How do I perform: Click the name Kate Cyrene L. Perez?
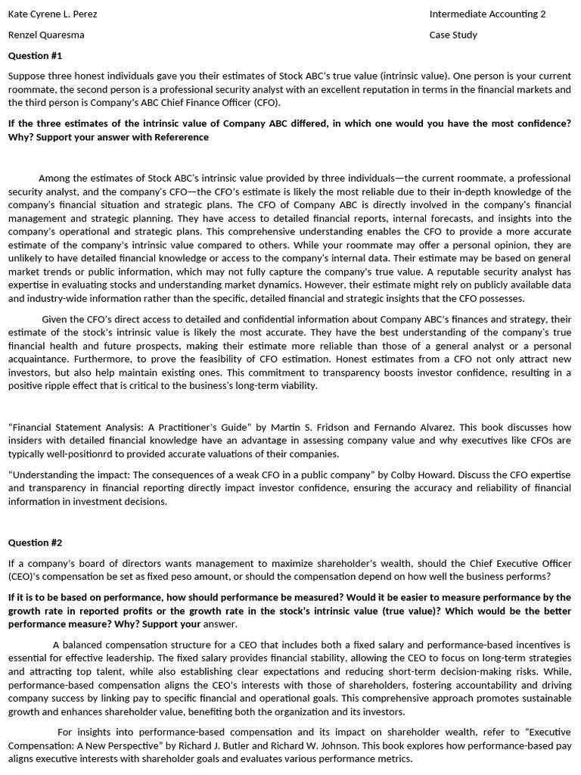click(52, 14)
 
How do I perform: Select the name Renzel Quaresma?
click(46, 35)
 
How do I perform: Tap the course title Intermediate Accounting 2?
click(487, 14)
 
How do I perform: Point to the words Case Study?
click(453, 35)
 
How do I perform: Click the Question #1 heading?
click(35, 56)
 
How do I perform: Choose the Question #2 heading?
click(35, 543)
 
